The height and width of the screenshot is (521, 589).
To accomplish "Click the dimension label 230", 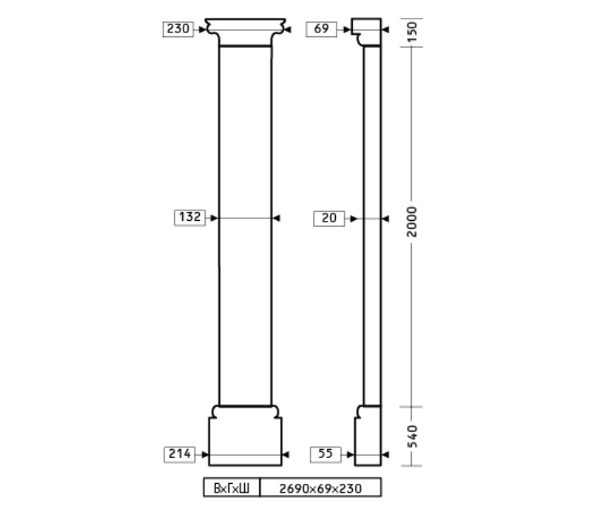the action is (178, 29).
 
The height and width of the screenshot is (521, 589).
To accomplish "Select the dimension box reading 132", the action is (189, 218).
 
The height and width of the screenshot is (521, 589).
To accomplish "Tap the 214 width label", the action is (180, 455).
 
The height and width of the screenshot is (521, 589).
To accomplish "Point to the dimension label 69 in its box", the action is (321, 29).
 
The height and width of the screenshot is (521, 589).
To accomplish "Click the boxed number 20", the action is (329, 218).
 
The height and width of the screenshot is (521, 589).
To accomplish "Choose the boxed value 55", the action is (326, 455).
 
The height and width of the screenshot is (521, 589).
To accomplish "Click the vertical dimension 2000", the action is (412, 222).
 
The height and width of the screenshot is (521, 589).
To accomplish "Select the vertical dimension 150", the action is (412, 32).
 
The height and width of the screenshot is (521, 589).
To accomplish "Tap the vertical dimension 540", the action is (412, 437).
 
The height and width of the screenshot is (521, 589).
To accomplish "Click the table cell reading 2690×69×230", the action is (320, 488).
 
